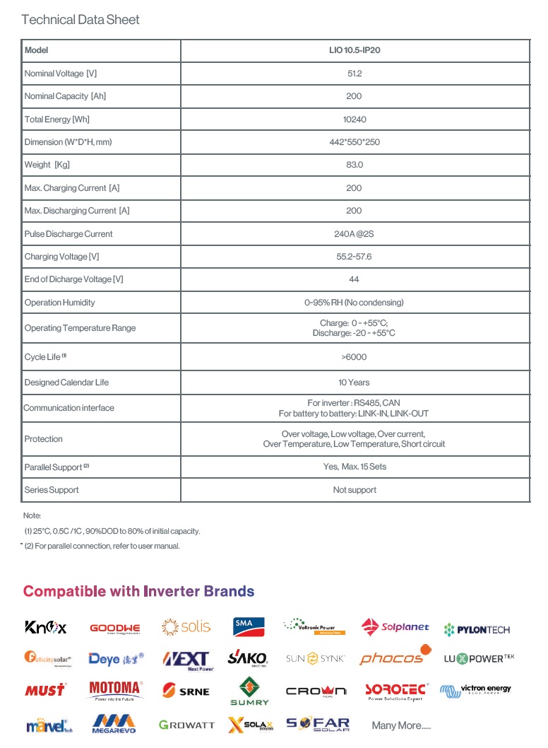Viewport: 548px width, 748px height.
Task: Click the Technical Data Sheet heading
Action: point(81,20)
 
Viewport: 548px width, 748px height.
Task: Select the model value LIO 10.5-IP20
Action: point(355,51)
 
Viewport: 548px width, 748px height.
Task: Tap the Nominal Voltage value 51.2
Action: point(355,74)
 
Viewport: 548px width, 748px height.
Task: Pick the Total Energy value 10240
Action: point(355,119)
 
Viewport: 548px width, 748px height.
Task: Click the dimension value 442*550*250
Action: point(355,142)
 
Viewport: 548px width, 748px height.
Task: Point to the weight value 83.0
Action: point(355,165)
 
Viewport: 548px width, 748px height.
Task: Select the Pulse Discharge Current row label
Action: point(68,234)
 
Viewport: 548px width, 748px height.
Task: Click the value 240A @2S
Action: point(355,234)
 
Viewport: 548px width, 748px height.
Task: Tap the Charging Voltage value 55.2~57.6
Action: point(355,257)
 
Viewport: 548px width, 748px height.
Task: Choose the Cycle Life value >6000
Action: point(355,357)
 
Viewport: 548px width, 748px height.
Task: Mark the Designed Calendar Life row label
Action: point(66,382)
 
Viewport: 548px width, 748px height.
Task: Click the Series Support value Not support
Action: point(355,490)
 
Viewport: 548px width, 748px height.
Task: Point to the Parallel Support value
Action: point(355,467)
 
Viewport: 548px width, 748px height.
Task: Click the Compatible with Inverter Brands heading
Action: point(138,592)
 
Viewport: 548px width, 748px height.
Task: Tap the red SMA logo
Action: point(249,626)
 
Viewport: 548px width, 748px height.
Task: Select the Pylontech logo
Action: point(477,629)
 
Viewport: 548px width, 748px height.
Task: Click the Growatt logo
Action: point(186,725)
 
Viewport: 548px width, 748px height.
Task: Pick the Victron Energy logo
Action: point(475,689)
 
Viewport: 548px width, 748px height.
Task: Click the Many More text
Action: point(400,725)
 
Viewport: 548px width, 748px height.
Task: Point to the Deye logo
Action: point(116,658)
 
